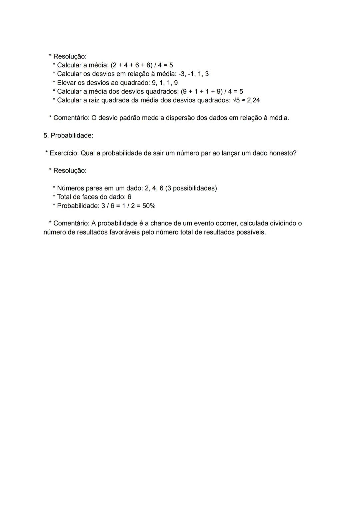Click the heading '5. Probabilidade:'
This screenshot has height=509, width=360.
[68, 135]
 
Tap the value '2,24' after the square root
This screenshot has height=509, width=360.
[253, 100]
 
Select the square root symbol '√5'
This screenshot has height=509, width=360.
[236, 100]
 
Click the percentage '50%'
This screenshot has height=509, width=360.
[149, 206]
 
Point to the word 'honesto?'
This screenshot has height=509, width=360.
[283, 153]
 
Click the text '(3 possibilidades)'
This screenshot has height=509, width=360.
[191, 188]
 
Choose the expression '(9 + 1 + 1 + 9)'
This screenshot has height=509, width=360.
[201, 91]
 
